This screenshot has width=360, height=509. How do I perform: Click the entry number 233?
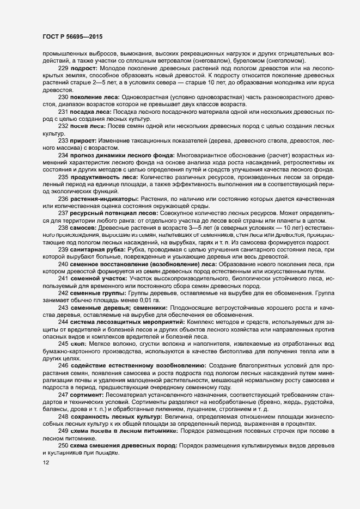[63, 140]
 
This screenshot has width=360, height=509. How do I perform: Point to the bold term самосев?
[85, 227]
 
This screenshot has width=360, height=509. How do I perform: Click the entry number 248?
[63, 416]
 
